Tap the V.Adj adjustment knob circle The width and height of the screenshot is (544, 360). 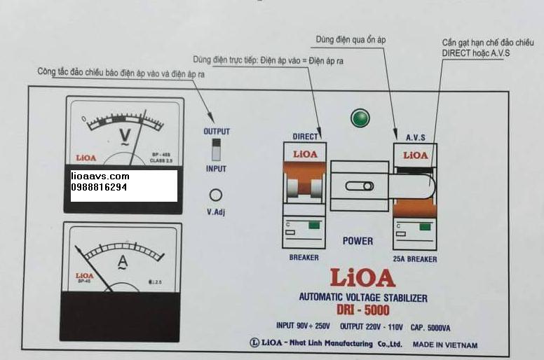217,195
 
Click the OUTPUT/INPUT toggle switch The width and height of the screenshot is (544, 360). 217,149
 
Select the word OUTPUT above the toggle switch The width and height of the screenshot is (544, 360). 217,131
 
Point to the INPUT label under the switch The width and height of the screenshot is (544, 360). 216,169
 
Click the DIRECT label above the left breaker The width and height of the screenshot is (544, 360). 304,137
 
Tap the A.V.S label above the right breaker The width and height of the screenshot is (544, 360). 416,138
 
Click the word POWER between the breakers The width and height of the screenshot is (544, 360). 358,241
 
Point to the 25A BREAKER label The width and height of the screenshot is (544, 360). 415,259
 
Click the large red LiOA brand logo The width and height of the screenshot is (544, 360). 361,279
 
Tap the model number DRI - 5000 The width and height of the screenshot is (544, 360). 362,311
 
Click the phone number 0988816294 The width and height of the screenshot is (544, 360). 99,188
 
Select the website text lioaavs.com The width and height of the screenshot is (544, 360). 100,176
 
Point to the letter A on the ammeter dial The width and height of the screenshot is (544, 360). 122,263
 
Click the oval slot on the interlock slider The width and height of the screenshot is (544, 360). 359,186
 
